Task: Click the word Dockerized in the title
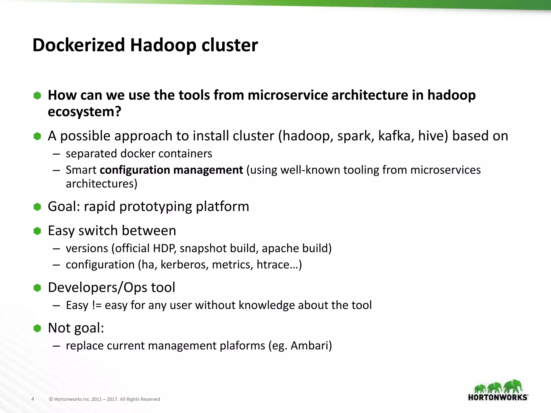[x=79, y=45]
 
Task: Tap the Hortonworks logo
[x=498, y=390]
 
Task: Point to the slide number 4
[x=33, y=399]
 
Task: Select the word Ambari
[x=311, y=346]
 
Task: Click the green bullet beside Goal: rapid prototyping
[x=37, y=207]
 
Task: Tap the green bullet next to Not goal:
[x=37, y=328]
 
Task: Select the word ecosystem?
[x=84, y=112]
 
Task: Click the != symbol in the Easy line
[x=97, y=305]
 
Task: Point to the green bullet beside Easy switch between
[x=37, y=231]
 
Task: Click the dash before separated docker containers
[x=56, y=154]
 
